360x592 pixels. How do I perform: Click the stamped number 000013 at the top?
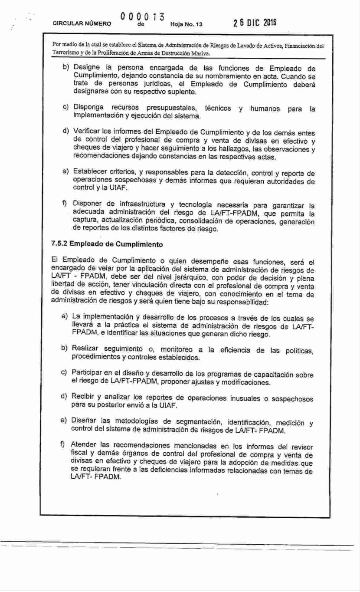point(142,18)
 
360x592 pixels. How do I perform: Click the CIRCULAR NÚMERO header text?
point(81,25)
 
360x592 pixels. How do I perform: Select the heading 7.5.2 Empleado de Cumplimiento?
point(107,244)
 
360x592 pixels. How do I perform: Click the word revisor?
point(301,447)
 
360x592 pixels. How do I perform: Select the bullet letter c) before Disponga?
point(66,107)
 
